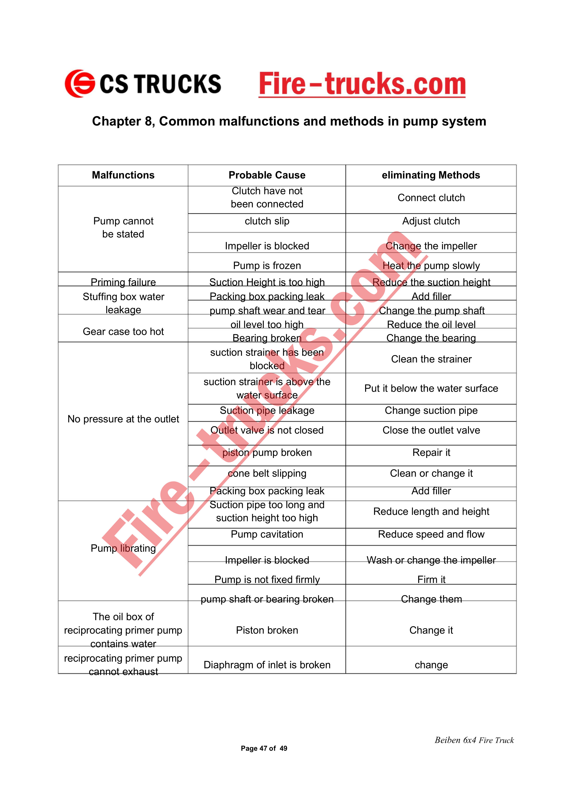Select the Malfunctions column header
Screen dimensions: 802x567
[x=123, y=175]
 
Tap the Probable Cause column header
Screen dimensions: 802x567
[x=267, y=175]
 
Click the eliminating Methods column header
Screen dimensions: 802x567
[x=431, y=175]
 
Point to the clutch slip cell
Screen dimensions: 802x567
[x=267, y=221]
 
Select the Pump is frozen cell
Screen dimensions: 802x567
[x=267, y=265]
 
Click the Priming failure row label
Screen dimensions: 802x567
[x=123, y=282]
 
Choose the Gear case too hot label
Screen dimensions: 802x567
[x=123, y=331]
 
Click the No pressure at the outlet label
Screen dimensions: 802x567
[x=123, y=419]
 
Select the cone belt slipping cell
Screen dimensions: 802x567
[x=267, y=473]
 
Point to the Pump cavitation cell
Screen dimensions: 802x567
[x=267, y=534]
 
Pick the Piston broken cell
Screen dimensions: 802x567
[x=267, y=630]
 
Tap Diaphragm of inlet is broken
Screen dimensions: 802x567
[x=267, y=665]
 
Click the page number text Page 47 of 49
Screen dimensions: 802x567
[x=264, y=748]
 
